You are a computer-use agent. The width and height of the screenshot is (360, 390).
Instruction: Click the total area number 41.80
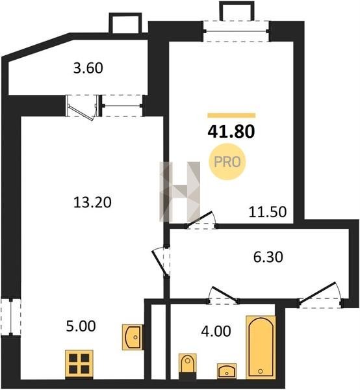click(x=231, y=131)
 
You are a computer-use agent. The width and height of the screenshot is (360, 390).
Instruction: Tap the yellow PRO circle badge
click(x=227, y=162)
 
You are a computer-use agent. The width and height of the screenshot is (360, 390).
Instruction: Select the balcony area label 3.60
click(x=88, y=68)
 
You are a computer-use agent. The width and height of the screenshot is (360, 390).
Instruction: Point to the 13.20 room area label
click(x=92, y=202)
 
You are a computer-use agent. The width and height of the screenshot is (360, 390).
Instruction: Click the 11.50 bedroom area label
click(x=268, y=212)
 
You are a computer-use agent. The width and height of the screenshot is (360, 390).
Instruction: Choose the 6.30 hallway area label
click(x=268, y=257)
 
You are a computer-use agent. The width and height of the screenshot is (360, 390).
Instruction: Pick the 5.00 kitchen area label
click(x=81, y=326)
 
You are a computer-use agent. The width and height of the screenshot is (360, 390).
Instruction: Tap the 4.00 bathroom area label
click(x=216, y=331)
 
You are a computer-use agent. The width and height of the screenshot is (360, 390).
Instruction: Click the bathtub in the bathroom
click(x=261, y=348)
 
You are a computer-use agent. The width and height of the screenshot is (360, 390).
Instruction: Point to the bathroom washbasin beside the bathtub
click(x=227, y=371)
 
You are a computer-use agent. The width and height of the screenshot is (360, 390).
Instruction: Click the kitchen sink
click(x=133, y=337)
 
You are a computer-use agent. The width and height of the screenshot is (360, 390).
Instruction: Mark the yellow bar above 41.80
click(x=231, y=115)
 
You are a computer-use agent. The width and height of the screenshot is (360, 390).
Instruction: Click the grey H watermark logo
click(x=180, y=192)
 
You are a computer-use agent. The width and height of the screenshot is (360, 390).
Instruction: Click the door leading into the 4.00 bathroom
click(x=224, y=296)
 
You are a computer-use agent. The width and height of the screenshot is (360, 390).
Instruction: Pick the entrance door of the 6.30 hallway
click(x=320, y=294)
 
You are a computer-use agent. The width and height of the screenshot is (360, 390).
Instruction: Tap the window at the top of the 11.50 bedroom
click(x=236, y=31)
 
